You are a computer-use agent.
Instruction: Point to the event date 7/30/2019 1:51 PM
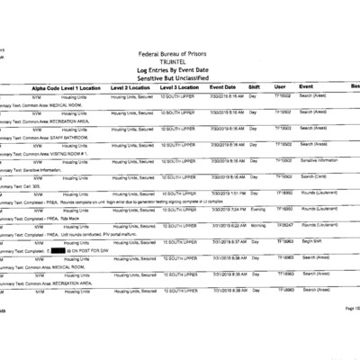click(x=228, y=193)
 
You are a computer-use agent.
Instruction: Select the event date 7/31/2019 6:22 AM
click(x=228, y=225)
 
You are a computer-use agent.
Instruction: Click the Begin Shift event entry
click(x=311, y=241)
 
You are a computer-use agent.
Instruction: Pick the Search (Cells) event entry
click(x=314, y=176)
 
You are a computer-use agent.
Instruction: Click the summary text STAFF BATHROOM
click(x=63, y=136)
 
